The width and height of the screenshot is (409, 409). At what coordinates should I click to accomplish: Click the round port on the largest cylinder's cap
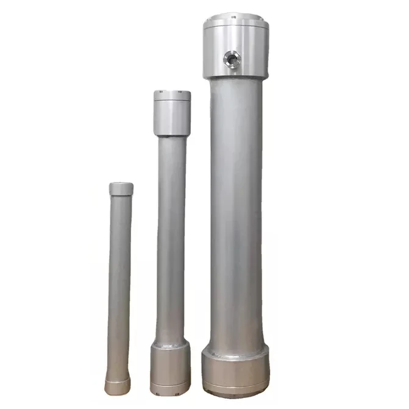232,59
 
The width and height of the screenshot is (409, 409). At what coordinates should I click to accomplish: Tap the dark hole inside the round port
232,59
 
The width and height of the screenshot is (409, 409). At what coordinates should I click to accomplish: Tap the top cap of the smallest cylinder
121,189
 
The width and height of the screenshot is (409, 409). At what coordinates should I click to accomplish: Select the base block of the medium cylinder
170,368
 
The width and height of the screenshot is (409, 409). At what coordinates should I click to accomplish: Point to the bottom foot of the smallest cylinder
117,386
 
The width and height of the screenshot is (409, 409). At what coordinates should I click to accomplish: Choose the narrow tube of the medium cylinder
171,238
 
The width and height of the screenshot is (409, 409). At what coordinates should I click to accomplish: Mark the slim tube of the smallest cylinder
119,280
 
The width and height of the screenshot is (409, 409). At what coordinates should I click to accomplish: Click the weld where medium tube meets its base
170,346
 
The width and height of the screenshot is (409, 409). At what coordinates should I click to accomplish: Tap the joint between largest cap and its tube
235,78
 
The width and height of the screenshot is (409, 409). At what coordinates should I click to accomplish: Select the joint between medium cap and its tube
172,135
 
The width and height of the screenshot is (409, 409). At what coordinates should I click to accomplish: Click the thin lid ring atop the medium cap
172,96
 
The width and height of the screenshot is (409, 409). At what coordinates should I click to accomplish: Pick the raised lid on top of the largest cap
235,18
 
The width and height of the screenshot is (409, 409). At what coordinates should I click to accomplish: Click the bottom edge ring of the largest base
235,391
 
